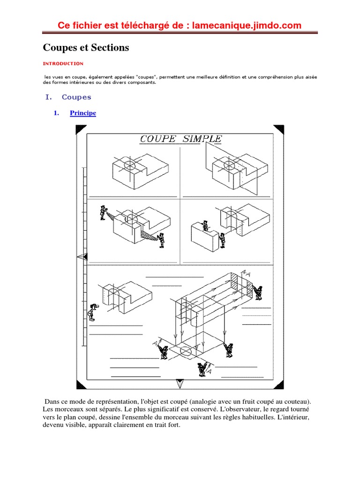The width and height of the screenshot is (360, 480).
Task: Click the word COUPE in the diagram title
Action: (157, 139)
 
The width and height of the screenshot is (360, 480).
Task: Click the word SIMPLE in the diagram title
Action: (202, 139)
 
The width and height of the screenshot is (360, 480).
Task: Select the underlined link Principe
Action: (83, 113)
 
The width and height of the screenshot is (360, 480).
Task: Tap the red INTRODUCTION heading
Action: (63, 63)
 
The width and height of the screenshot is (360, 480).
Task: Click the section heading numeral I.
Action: (47, 97)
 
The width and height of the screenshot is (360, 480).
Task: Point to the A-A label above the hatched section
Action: (245, 273)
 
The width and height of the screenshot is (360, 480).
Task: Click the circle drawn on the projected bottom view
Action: (186, 351)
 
